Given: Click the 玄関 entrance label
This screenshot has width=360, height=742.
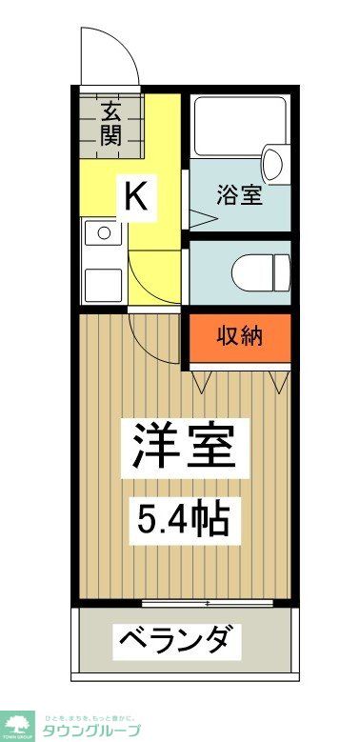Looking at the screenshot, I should tap(111, 123).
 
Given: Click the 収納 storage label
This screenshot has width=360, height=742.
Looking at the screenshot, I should tap(239, 336).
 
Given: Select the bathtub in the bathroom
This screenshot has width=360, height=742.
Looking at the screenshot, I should tap(238, 126).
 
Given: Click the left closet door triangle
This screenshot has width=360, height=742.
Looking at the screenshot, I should tap(203, 382).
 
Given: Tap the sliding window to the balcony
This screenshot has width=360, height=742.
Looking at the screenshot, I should tap(207, 602).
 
